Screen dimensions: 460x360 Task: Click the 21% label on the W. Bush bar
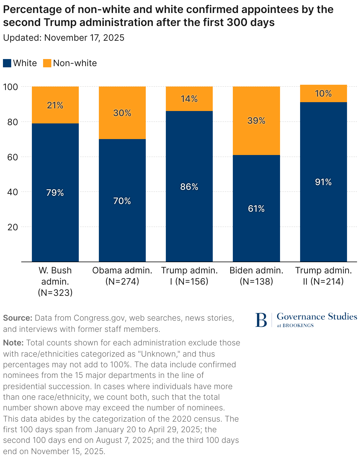point(55,105)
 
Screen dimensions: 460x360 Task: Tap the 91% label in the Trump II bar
point(323,182)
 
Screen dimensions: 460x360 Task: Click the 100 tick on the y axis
point(11,87)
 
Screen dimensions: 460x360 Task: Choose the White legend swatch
point(7,63)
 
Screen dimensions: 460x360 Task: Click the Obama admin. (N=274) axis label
point(122,276)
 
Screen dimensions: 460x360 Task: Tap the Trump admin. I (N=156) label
point(189,276)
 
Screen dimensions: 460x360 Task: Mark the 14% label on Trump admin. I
point(189,99)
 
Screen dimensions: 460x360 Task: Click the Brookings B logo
point(261,320)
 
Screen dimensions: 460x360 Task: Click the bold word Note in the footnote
point(13,343)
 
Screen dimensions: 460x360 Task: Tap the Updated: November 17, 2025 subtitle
point(64,38)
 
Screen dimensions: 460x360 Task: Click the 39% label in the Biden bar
point(256,121)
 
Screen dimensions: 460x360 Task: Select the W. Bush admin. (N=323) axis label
point(55,281)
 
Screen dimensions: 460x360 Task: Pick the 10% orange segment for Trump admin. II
point(323,94)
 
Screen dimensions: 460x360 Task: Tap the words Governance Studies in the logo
point(317,317)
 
